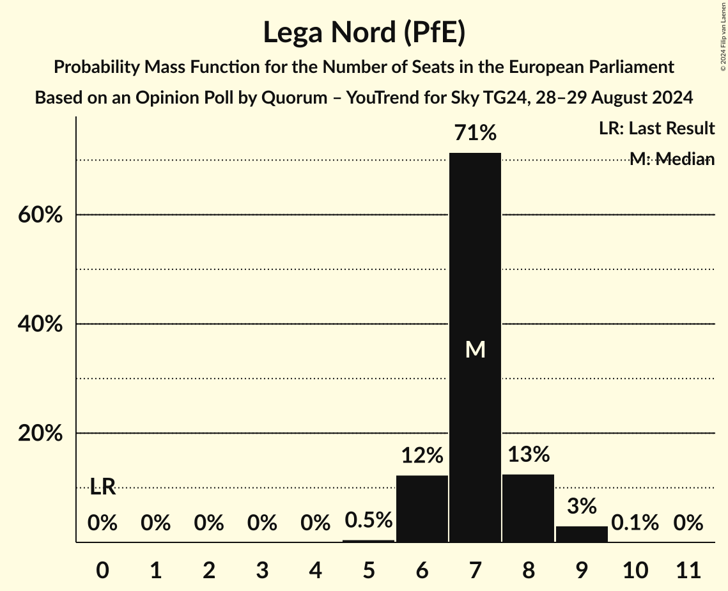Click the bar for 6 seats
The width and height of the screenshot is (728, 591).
[x=422, y=508]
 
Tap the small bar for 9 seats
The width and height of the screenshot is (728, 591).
[x=582, y=533]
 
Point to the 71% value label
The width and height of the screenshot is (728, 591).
[x=475, y=133]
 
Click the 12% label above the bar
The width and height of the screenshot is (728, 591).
[x=422, y=455]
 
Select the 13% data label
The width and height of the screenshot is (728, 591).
[x=528, y=454]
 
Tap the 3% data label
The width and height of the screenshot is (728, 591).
[x=582, y=506]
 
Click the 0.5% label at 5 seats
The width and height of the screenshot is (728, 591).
[x=369, y=520]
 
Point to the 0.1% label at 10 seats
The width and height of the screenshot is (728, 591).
[x=635, y=523]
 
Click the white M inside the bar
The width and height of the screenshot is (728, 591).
[x=475, y=349]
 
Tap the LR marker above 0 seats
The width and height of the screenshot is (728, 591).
[x=102, y=487]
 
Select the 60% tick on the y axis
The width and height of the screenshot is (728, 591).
[x=40, y=216]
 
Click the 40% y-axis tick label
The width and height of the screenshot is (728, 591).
[x=40, y=324]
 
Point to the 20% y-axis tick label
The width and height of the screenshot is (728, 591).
[x=40, y=434]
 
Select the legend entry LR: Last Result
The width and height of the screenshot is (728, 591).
[x=656, y=129]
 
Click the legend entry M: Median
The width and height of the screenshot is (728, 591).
[x=671, y=159]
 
